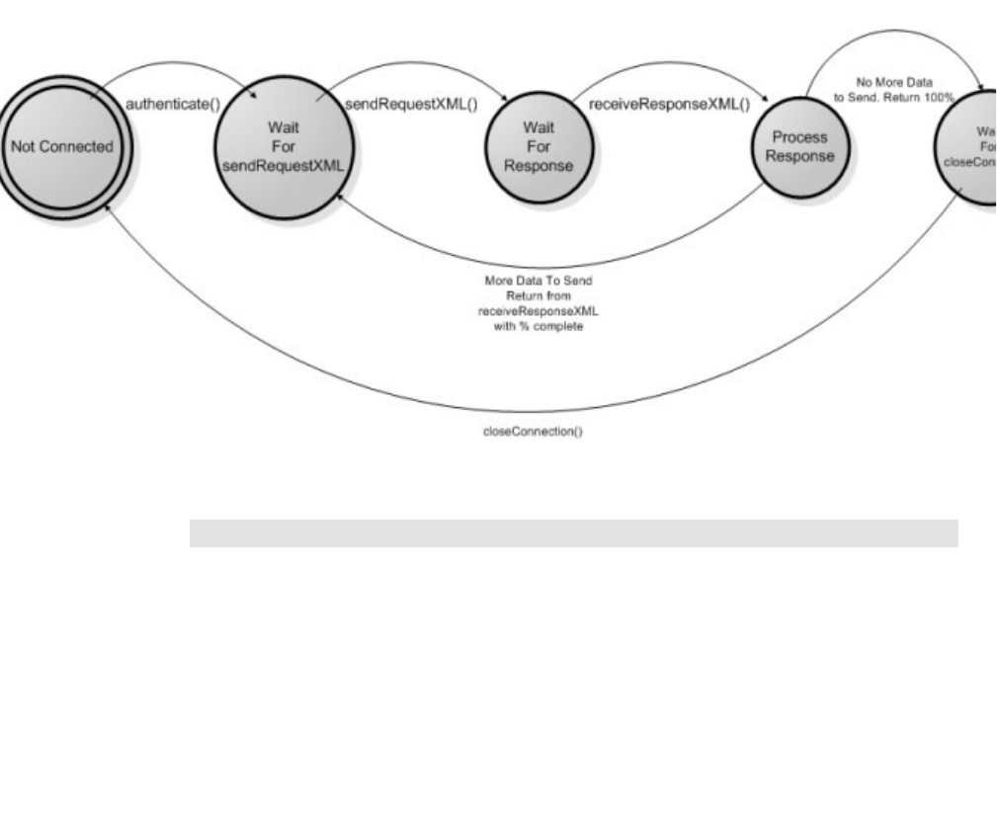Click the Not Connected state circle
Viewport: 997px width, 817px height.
point(61,146)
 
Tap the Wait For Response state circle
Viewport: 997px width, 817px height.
point(530,148)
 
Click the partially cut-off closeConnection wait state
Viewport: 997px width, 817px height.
point(973,148)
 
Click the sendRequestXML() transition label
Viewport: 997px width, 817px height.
point(395,104)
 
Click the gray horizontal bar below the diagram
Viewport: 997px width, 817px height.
point(573,533)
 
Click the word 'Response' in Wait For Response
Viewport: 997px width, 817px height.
point(530,166)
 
